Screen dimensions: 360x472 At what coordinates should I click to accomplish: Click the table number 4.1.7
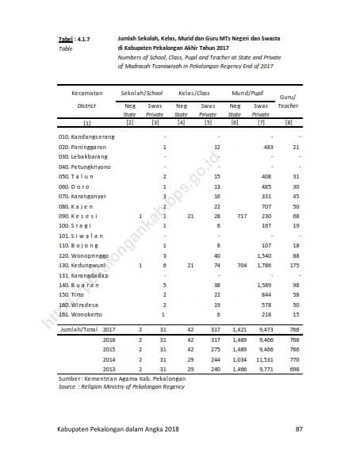pyautogui.click(x=82, y=39)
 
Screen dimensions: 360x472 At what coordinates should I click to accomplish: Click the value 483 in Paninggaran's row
pyautogui.click(x=267, y=148)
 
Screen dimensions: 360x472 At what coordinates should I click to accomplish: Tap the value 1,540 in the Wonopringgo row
pyautogui.click(x=266, y=255)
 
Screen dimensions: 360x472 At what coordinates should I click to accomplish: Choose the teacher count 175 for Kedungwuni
pyautogui.click(x=295, y=265)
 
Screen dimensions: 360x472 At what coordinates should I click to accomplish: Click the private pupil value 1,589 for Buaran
pyautogui.click(x=266, y=284)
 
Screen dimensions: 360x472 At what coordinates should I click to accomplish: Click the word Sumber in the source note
pyautogui.click(x=71, y=379)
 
